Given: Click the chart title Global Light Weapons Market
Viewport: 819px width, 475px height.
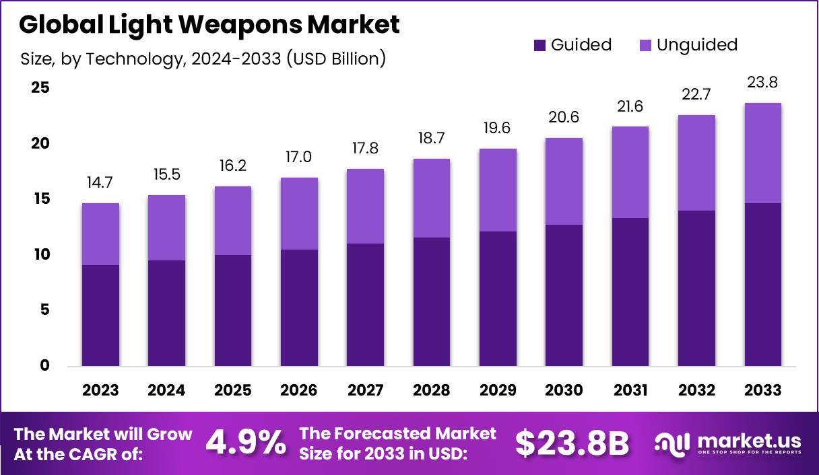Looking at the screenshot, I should (x=209, y=25).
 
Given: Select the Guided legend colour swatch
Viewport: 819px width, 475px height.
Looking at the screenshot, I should (x=539, y=45).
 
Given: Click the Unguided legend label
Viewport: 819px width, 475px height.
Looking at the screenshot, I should (x=697, y=45).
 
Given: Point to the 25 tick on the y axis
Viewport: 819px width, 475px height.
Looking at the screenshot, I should (x=40, y=88).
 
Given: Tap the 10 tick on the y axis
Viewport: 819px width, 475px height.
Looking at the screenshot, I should (x=40, y=255).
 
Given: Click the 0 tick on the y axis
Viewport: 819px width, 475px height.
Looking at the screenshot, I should (x=44, y=366).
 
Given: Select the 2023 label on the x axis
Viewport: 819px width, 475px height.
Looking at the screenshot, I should (x=100, y=390).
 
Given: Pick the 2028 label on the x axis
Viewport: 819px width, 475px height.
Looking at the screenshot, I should (x=432, y=390).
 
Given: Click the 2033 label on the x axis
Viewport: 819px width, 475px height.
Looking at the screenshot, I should (x=763, y=390).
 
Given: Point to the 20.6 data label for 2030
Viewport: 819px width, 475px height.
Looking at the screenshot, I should (x=564, y=118).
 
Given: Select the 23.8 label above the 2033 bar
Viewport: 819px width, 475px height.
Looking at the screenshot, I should (x=763, y=83).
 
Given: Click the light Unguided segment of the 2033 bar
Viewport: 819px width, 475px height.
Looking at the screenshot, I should (x=763, y=153).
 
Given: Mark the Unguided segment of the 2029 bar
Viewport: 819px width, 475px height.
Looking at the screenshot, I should (x=498, y=190).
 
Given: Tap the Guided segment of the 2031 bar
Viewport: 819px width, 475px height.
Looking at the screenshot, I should (x=630, y=292).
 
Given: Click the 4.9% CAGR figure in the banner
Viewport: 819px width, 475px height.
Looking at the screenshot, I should (x=245, y=443).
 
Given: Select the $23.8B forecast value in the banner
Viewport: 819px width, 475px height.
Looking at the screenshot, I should (x=572, y=443).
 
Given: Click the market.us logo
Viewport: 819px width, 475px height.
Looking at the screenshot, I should (x=728, y=443).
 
